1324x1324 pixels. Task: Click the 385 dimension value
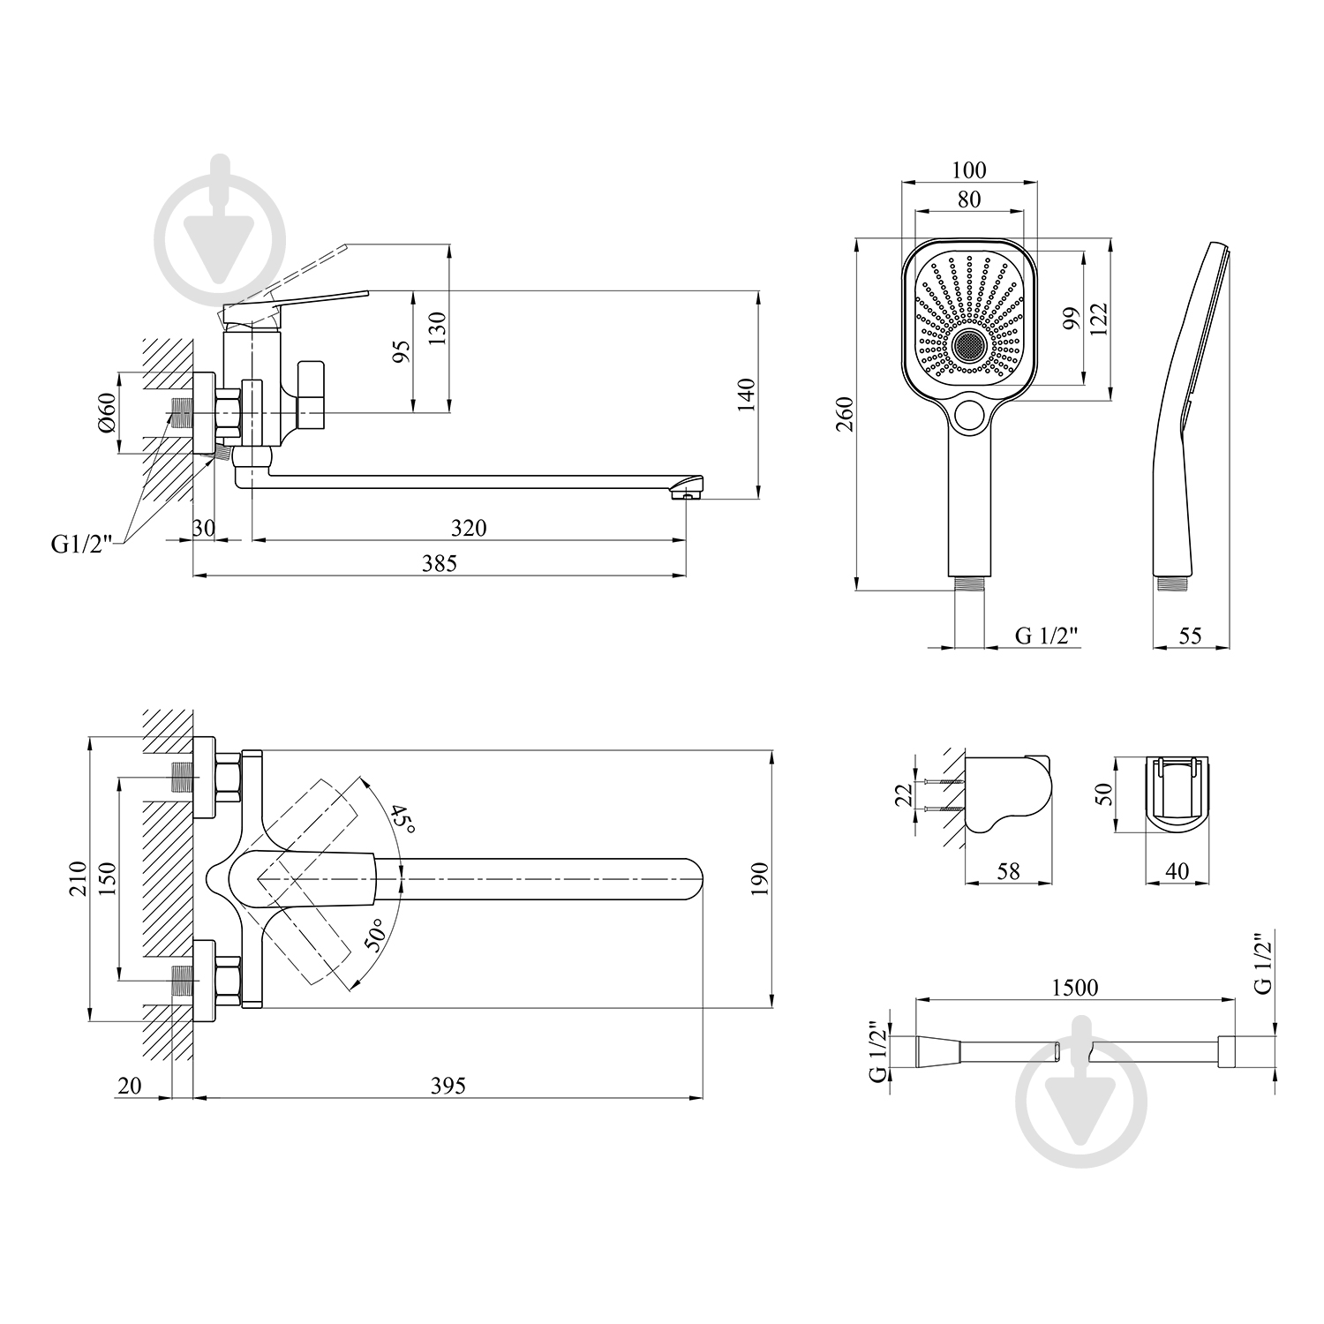440,562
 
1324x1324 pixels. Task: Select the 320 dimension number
469,527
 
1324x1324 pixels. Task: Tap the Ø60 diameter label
106,412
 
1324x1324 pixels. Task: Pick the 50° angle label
376,935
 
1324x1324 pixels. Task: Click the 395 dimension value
448,1085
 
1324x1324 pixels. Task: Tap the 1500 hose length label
1075,987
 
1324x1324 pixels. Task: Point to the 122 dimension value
1098,319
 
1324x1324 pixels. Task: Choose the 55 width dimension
1190,635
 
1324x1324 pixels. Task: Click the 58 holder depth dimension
1007,871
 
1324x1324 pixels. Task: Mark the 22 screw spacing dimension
901,795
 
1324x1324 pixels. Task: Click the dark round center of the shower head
969,344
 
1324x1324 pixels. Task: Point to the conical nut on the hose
939,1050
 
